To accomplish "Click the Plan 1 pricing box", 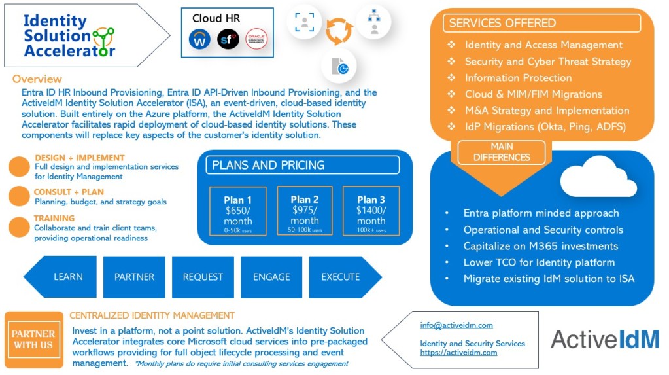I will [x=238, y=211].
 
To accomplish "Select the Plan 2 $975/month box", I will [x=305, y=211].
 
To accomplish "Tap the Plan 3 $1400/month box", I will [x=371, y=211].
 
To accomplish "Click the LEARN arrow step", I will [x=64, y=277].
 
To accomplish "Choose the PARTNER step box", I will [x=134, y=277].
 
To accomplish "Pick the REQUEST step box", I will [x=203, y=277].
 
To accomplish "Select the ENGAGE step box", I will [x=271, y=277].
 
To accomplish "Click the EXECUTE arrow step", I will [x=342, y=277].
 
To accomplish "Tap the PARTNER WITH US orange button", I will [x=33, y=339].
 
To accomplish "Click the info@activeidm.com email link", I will [x=456, y=325].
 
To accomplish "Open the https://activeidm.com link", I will [x=458, y=352].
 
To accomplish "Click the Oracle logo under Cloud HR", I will [x=256, y=39].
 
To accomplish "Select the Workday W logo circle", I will [x=199, y=39].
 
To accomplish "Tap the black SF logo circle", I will [x=228, y=39].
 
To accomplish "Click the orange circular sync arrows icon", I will [x=339, y=31].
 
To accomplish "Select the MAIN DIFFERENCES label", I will [x=502, y=152].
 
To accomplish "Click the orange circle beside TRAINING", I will [x=19, y=226].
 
